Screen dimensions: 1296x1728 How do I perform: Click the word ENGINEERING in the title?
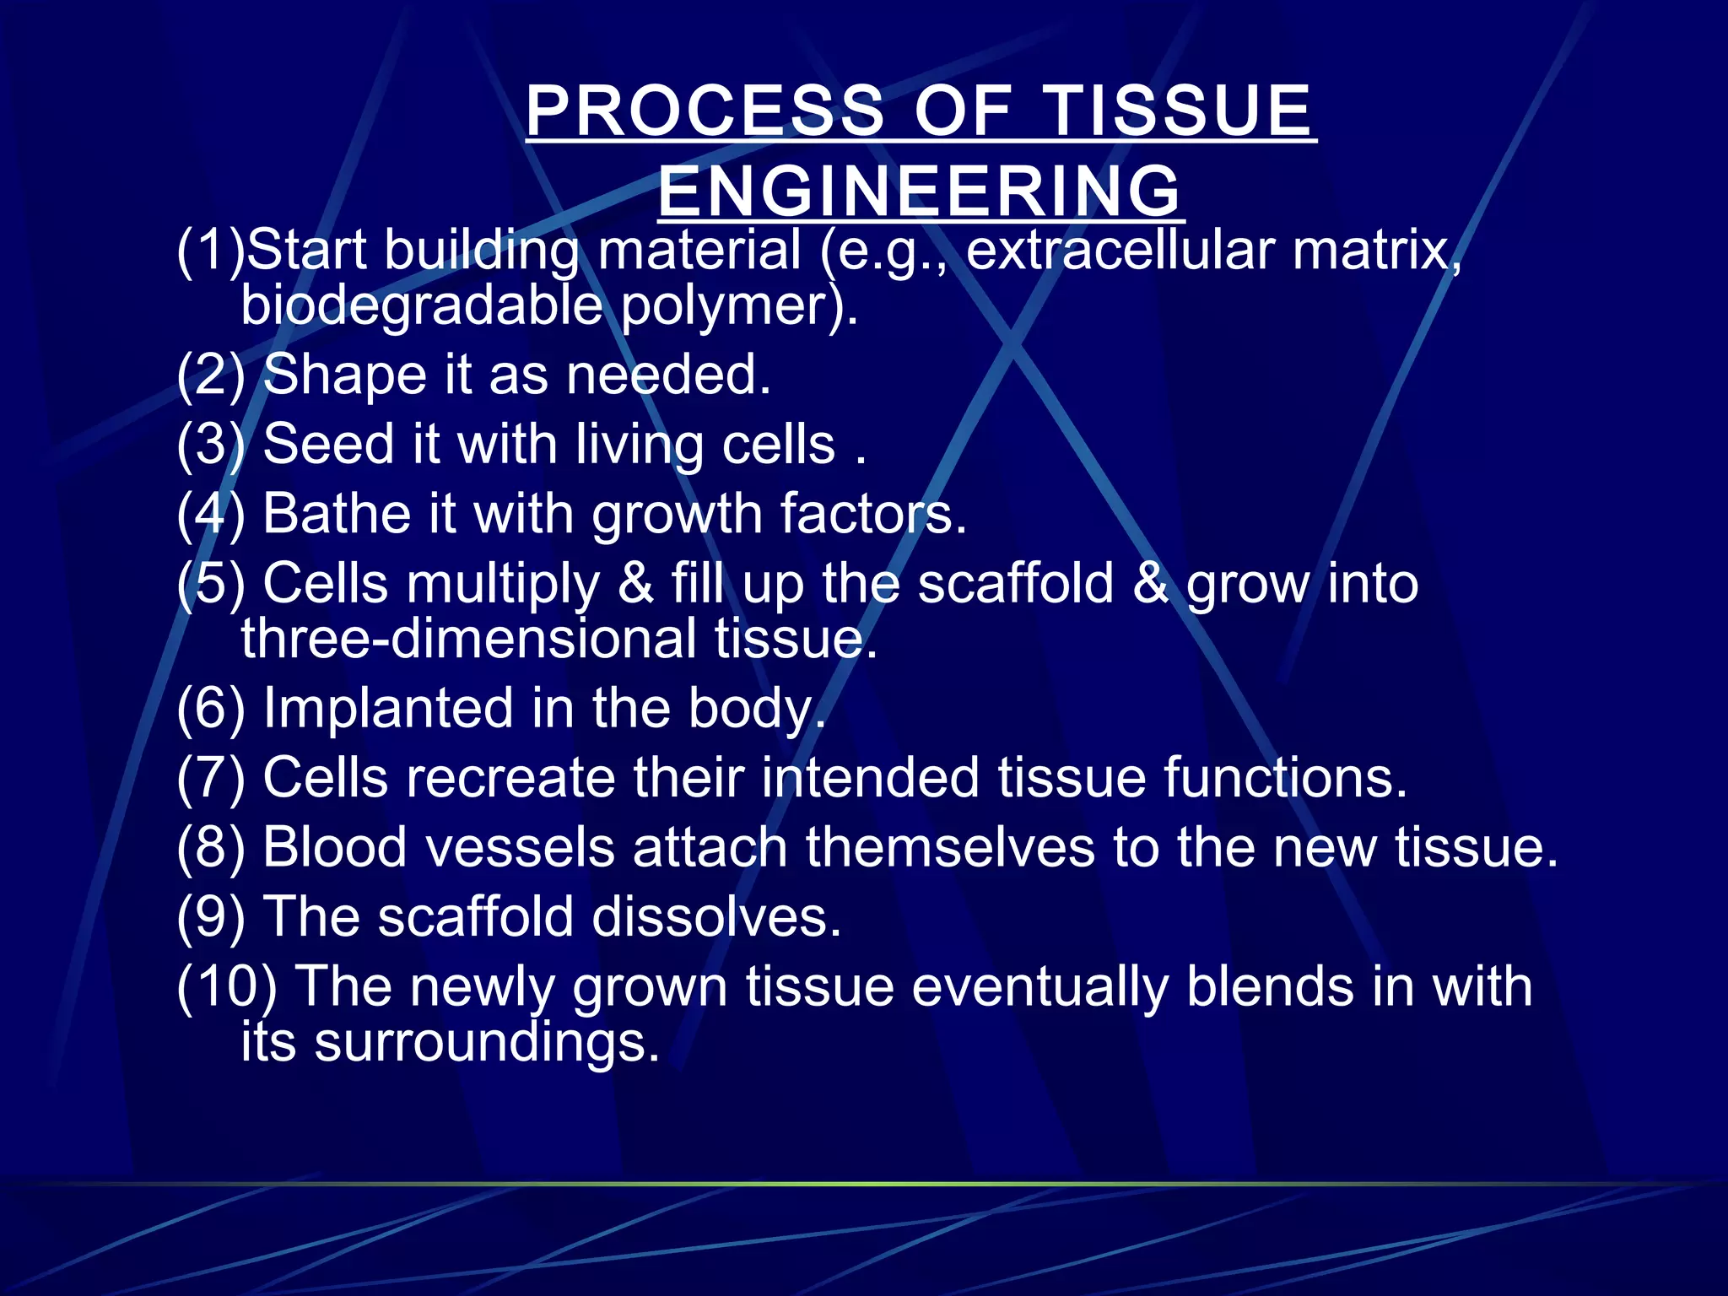[x=920, y=191]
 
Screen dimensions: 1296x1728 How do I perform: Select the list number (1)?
[x=210, y=251]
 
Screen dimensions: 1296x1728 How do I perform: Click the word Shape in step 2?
[x=344, y=375]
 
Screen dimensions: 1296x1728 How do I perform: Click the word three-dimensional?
[x=468, y=639]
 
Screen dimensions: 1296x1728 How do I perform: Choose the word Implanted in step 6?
[x=387, y=708]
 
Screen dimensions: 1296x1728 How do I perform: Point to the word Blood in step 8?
[x=335, y=846]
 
